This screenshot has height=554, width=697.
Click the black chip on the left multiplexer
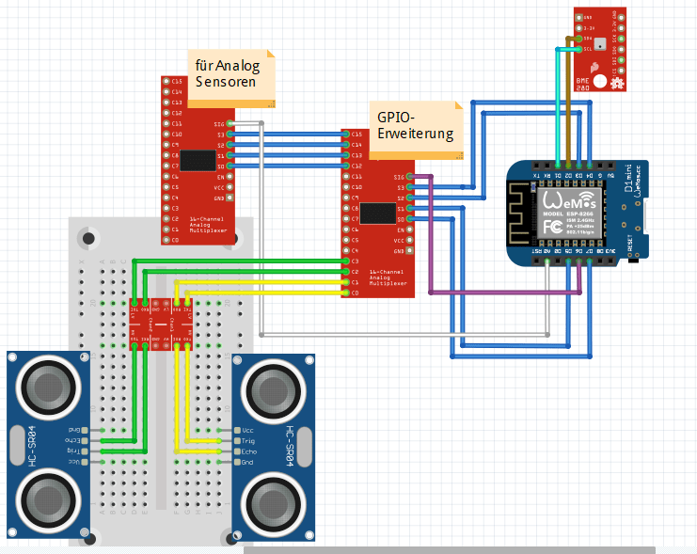point(197,161)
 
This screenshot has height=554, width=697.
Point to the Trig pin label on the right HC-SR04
point(247,440)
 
